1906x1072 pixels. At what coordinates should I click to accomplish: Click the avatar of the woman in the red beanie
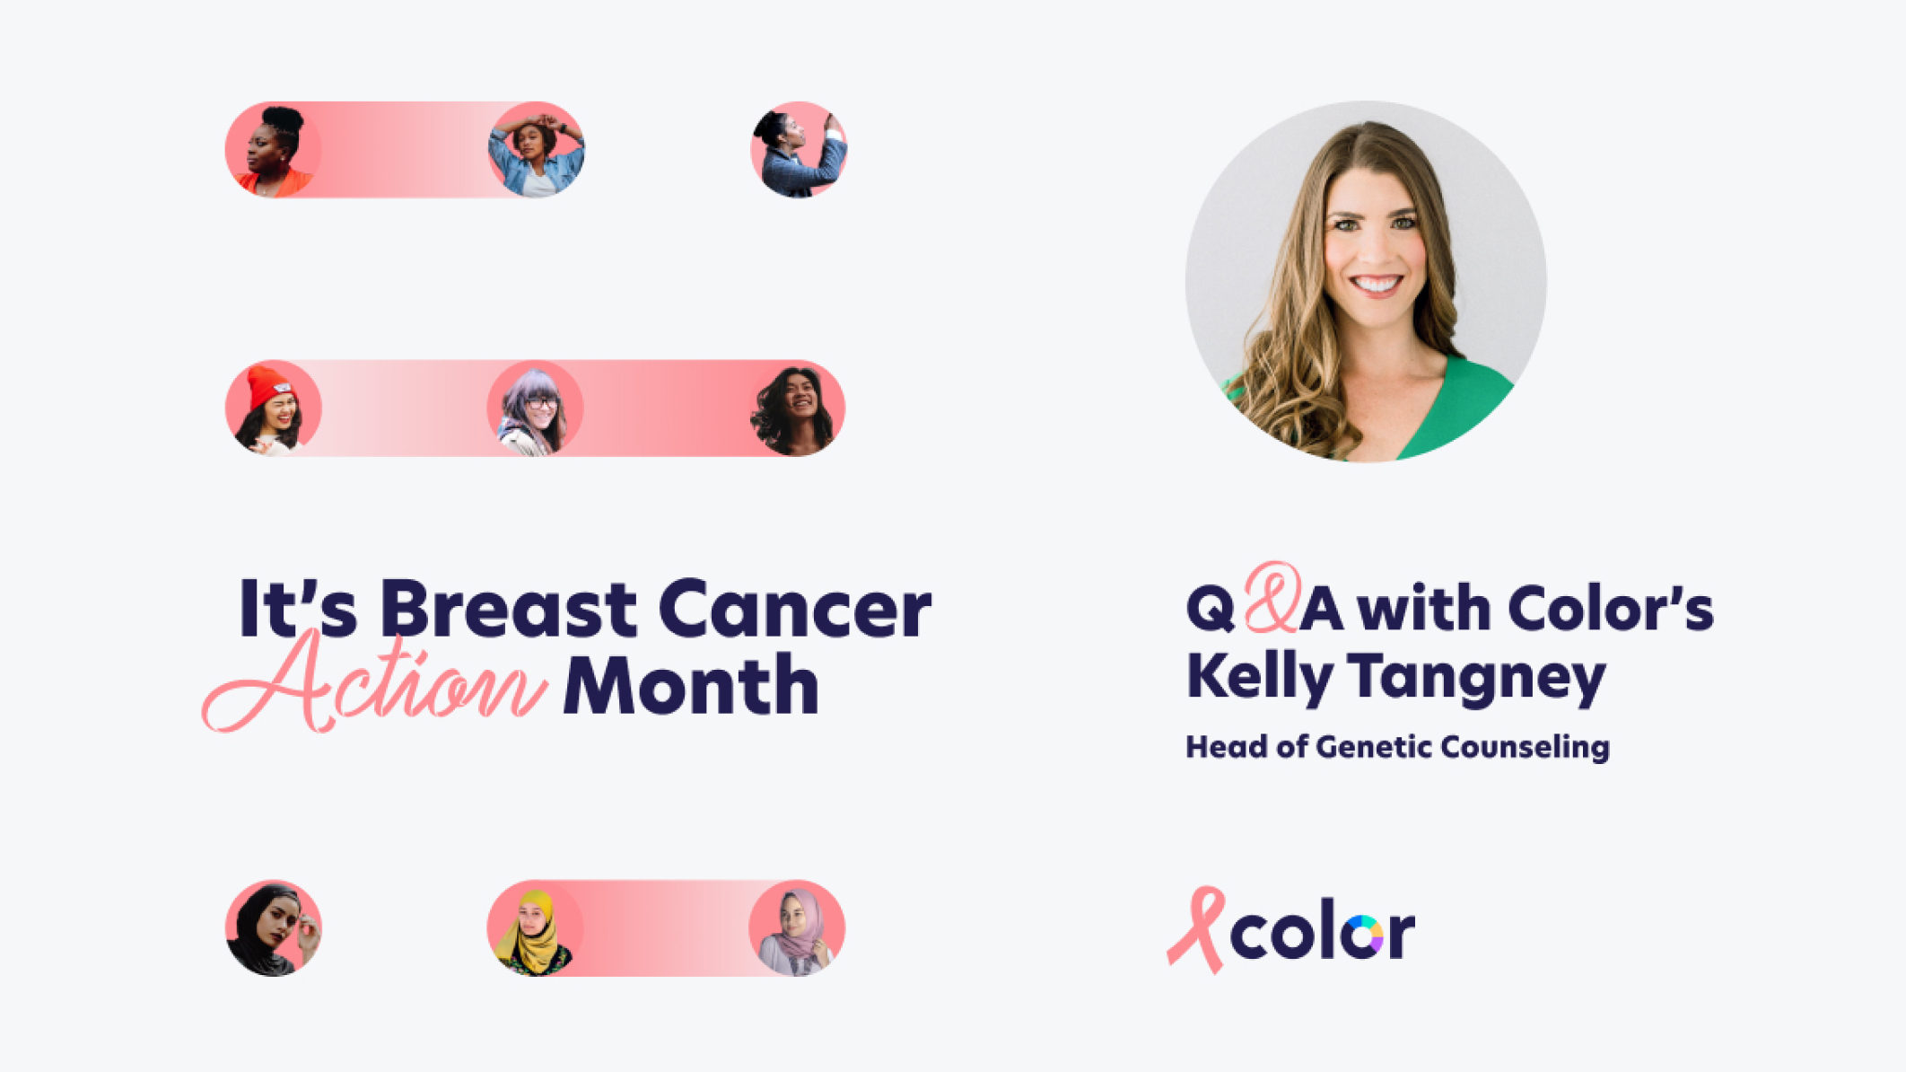274,409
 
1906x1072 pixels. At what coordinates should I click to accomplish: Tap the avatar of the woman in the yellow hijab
535,927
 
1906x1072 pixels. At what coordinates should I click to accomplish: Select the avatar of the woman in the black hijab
274,927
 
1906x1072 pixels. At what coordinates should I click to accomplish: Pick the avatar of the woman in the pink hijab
797,927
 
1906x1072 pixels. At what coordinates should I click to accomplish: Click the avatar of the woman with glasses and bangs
535,409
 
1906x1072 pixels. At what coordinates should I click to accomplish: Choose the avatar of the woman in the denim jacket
537,149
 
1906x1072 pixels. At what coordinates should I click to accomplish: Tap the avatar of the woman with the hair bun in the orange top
274,149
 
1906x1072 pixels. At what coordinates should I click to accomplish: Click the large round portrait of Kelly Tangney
1366,281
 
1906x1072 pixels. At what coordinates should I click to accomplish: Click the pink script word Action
375,682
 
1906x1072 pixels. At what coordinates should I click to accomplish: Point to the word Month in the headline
691,685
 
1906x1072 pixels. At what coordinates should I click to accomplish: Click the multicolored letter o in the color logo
1365,936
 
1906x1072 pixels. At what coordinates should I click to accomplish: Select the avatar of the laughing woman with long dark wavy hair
797,409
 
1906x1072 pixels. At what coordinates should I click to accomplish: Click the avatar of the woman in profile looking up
799,149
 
